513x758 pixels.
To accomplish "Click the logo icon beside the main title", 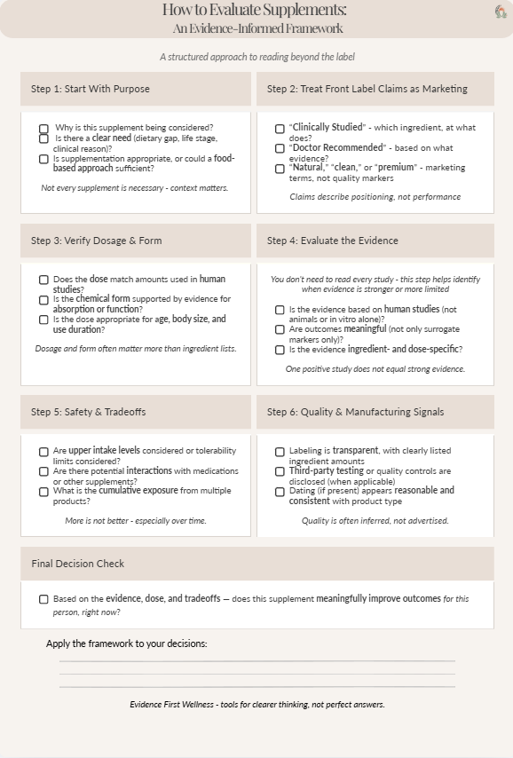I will point(501,12).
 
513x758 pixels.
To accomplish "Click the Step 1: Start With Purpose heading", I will point(91,89).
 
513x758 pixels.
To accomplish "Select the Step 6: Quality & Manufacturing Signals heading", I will point(356,412).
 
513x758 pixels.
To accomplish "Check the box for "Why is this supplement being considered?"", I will point(43,129).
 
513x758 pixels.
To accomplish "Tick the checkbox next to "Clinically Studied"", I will point(280,129).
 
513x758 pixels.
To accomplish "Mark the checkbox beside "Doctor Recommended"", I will point(280,148).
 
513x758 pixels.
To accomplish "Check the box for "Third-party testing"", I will point(280,471).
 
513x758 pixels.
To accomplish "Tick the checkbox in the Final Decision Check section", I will point(43,599).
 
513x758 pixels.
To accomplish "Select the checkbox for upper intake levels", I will point(43,452).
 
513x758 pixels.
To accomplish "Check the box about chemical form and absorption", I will point(43,300).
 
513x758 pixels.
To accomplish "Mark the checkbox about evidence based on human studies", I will point(280,310).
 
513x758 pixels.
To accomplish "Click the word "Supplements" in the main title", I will point(304,11).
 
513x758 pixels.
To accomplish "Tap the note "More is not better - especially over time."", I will point(136,520).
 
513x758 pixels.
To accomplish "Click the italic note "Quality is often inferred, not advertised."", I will point(375,520).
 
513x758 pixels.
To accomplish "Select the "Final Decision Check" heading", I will point(78,564).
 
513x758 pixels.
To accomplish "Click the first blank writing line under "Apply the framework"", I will point(257,660).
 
